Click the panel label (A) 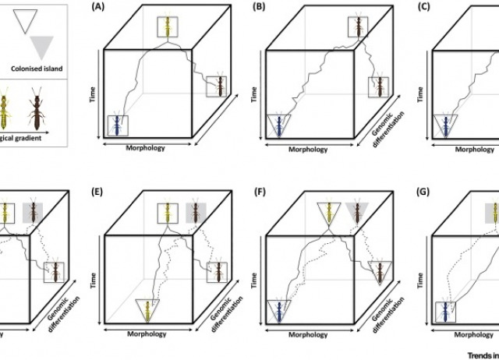click(x=98, y=7)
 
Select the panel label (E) click(x=99, y=188)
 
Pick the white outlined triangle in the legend click(x=31, y=19)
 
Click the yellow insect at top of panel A click(x=167, y=26)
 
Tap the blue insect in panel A click(x=118, y=125)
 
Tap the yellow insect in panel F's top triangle click(x=329, y=213)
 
